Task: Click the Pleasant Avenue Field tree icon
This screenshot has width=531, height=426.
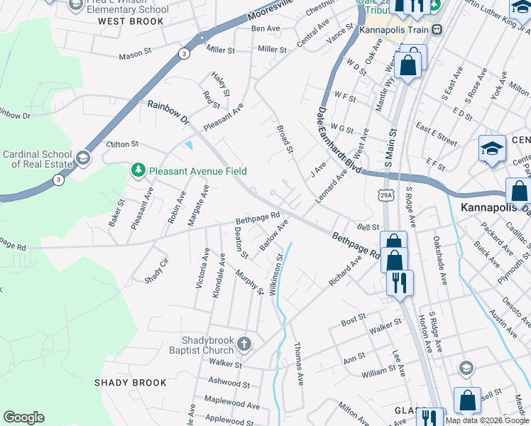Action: tap(137, 170)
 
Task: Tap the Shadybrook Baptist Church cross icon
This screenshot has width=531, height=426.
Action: tap(244, 345)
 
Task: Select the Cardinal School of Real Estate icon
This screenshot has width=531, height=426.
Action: tap(84, 158)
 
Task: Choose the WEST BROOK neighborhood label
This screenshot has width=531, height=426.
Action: tap(131, 21)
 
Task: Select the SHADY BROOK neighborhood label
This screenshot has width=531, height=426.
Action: tap(131, 383)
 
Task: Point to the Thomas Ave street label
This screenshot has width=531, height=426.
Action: tap(299, 364)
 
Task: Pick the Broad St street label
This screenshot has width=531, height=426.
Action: tap(284, 138)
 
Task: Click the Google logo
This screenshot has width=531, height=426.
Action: tap(23, 417)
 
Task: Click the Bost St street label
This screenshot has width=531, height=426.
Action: tap(353, 322)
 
